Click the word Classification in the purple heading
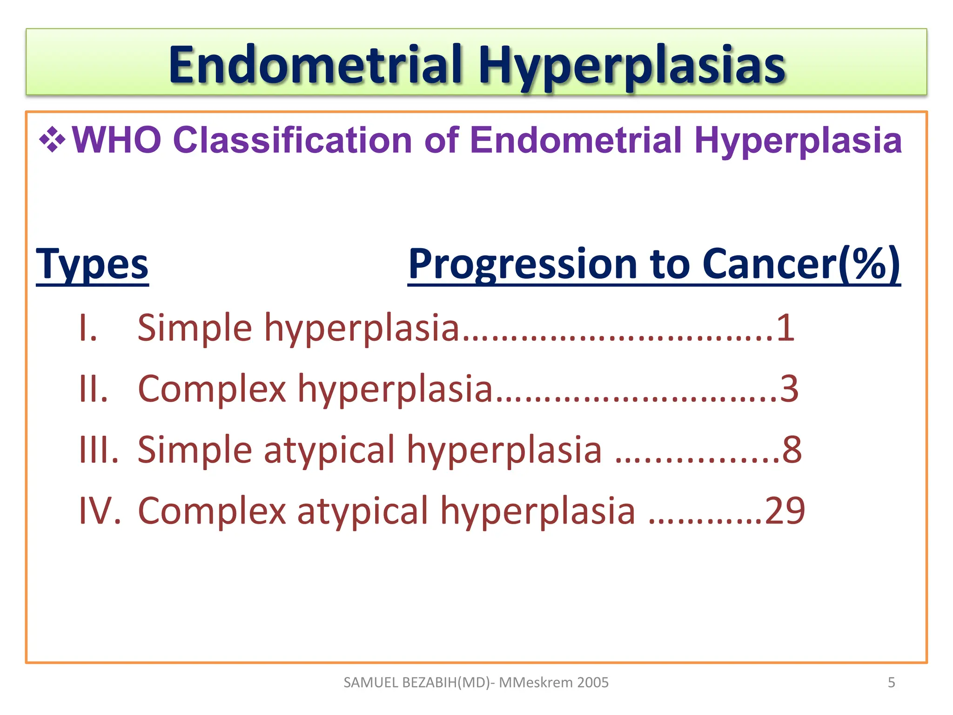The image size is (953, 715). pyautogui.click(x=292, y=140)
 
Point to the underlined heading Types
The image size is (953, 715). pyautogui.click(x=92, y=264)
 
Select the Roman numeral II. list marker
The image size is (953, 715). pyautogui.click(x=94, y=389)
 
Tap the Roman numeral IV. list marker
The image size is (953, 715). pyautogui.click(x=100, y=511)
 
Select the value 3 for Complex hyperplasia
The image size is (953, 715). pyautogui.click(x=789, y=389)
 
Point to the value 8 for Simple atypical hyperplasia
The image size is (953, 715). pyautogui.click(x=792, y=450)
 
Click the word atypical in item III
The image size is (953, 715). pyautogui.click(x=329, y=450)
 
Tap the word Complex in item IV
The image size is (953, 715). pyautogui.click(x=212, y=511)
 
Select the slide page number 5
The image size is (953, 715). pyautogui.click(x=891, y=682)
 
